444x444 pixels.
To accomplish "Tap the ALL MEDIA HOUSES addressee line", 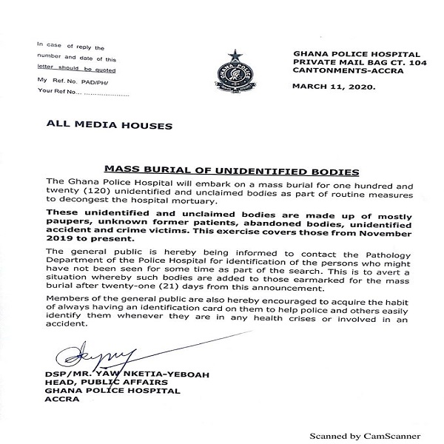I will pos(110,126).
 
